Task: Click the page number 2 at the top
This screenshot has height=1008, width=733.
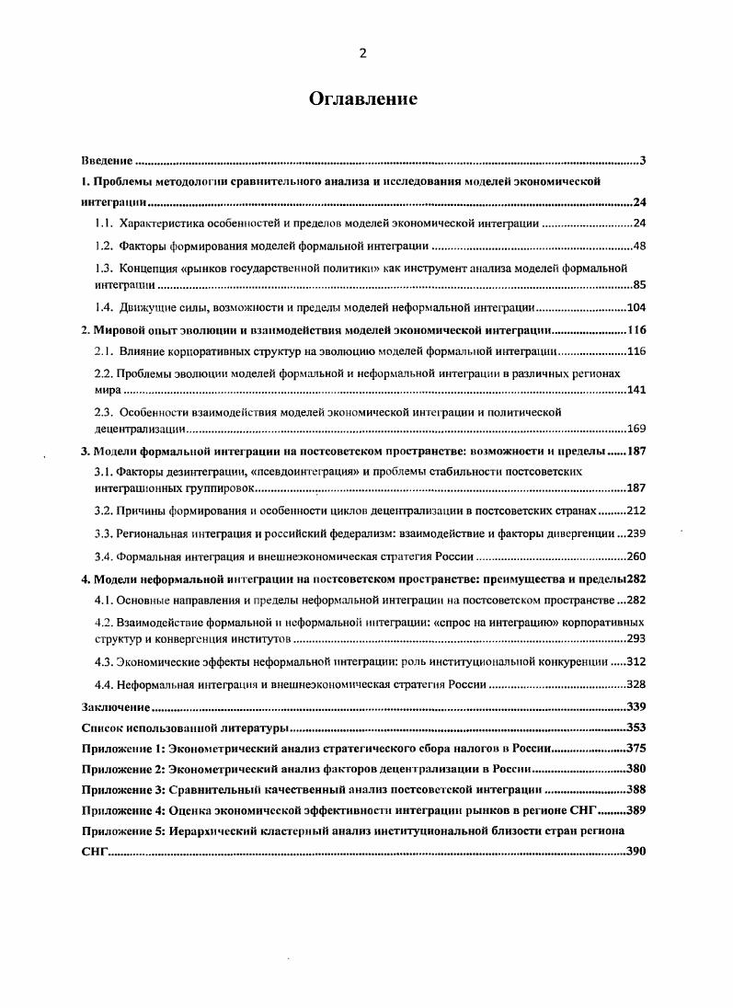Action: pos(362,53)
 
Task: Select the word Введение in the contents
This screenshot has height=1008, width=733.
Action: pos(107,162)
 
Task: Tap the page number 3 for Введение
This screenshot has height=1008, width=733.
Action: pos(643,162)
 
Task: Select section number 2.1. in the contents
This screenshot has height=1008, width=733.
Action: pos(104,351)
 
